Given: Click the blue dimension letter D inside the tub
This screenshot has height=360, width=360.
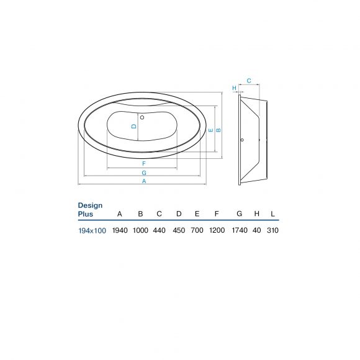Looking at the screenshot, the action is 134,126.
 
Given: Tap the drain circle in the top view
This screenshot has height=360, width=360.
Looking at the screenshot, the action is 142,117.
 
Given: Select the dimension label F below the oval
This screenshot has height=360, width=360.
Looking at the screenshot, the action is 144,163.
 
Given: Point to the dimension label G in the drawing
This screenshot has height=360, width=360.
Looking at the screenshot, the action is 144,173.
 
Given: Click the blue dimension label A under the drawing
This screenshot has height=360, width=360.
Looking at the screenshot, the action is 144,181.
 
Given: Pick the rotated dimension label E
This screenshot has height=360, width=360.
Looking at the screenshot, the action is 211,130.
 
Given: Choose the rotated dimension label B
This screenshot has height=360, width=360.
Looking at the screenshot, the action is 218,130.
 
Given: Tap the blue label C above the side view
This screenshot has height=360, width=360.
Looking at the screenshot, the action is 249,81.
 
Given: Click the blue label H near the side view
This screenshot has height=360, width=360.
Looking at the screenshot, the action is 234,88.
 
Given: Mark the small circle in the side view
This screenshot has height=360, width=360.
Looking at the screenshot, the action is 242,140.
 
